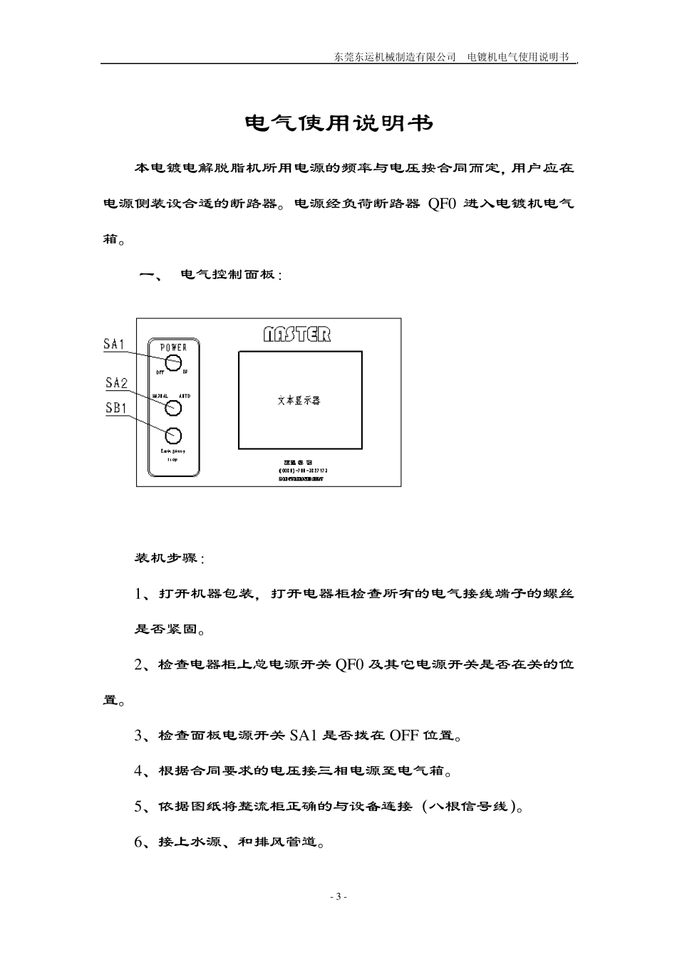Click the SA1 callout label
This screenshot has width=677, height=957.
[x=114, y=345]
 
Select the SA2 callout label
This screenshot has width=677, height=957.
[x=116, y=383]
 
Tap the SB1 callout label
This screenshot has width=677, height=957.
[x=116, y=408]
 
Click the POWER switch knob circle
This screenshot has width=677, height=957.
[x=173, y=363]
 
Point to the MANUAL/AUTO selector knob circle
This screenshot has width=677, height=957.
[x=173, y=408]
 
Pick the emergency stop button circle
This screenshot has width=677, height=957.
[x=173, y=435]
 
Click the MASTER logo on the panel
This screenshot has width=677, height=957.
[x=297, y=334]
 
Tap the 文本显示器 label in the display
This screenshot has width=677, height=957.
[x=299, y=401]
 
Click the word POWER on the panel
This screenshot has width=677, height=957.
[x=173, y=347]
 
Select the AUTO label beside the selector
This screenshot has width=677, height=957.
[x=185, y=396]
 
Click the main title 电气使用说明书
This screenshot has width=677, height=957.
[x=338, y=124]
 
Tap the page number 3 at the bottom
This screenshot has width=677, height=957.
[x=338, y=896]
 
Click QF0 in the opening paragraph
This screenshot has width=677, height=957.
[x=441, y=204]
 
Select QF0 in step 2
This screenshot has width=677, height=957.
[x=350, y=665]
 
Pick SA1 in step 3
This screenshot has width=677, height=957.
[x=303, y=736]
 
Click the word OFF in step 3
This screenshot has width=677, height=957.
[x=404, y=736]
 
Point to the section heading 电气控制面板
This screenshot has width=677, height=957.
[x=231, y=275]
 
